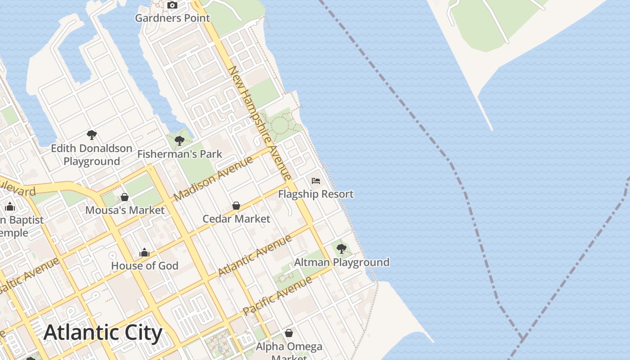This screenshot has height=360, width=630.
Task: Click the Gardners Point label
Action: (172, 18)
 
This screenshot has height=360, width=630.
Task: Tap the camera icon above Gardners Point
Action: (172, 5)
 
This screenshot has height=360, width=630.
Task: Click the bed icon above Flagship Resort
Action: (316, 181)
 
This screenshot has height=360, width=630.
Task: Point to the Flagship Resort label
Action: (316, 194)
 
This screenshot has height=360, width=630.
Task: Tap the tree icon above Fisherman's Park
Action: (180, 141)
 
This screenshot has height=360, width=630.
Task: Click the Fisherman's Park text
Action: (180, 154)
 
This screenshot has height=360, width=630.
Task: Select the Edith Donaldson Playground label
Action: (91, 154)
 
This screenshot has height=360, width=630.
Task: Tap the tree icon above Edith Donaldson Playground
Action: (92, 135)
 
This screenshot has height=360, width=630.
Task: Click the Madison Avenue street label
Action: (213, 179)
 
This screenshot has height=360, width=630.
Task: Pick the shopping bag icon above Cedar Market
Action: (236, 206)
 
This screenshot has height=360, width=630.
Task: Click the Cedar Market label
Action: (236, 219)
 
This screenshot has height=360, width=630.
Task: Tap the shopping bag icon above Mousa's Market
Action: (125, 197)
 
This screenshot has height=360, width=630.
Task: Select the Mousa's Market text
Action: (125, 210)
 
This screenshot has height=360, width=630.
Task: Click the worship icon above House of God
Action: (144, 252)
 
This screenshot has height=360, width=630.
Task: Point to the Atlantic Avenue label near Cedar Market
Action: (255, 255)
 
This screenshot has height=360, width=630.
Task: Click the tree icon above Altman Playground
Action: (342, 248)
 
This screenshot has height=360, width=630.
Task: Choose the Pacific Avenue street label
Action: (277, 296)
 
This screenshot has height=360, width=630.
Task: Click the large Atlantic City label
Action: (103, 333)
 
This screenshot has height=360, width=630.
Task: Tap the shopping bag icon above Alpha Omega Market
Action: (289, 333)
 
